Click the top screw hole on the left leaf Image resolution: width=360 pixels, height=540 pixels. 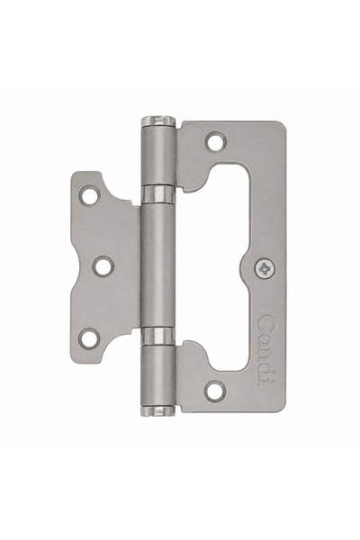[x=90, y=195]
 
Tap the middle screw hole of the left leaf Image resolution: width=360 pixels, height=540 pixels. [x=103, y=265]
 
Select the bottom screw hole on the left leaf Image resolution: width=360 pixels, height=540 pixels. [x=89, y=337]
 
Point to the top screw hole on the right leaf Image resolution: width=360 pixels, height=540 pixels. [x=216, y=141]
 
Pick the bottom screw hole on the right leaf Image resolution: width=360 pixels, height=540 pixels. [x=215, y=391]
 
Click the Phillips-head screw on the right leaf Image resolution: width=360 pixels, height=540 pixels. [x=265, y=267]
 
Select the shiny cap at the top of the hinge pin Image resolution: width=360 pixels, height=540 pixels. [x=158, y=121]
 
